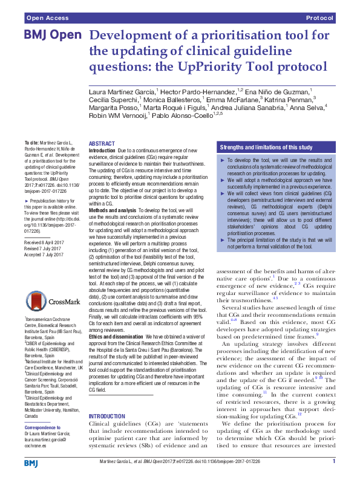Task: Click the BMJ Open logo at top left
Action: [48, 36]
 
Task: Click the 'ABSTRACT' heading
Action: [101, 143]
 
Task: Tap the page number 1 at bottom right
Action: [333, 461]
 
